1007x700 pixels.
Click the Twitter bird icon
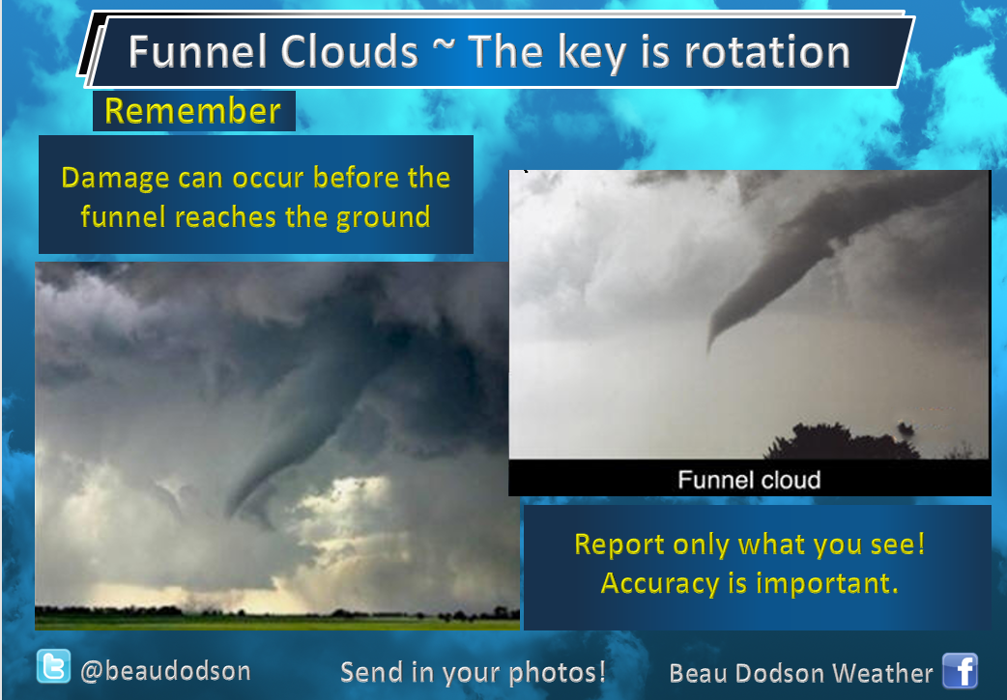[53, 666]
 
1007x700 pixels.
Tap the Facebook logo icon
[960, 670]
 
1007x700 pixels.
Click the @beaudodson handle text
[165, 671]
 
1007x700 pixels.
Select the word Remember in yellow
[192, 110]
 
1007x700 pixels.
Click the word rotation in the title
[766, 52]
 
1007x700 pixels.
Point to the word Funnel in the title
[198, 51]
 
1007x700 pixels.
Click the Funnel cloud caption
[749, 480]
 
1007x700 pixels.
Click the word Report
[619, 546]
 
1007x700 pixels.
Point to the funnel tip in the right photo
[709, 348]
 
